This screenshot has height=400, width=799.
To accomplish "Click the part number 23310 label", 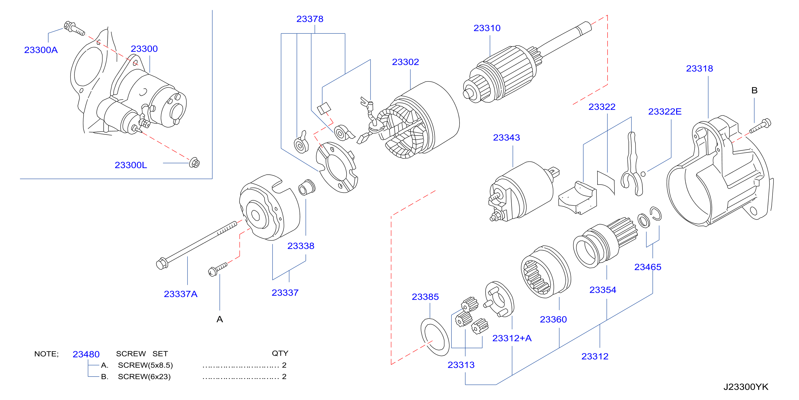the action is point(487,28).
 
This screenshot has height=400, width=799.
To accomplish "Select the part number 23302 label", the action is point(405,62).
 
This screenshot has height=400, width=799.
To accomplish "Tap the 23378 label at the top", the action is point(310,19).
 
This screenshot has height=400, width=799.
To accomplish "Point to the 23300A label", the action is point(41,50).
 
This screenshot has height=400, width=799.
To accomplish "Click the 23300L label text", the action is point(131,165).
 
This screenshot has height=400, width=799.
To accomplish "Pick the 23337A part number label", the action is point(180,294).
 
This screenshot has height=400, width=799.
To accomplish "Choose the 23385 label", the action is point(425,297).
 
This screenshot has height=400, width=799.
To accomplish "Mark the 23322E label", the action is point(665,112).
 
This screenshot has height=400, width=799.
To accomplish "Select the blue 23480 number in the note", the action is point(86,354).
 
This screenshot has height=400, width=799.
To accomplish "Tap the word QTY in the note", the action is point(280,353).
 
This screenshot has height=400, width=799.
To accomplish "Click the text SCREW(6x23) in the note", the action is point(144,377).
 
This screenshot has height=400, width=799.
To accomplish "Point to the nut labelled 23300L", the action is point(194,163).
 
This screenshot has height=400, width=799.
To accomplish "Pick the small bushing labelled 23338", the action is point(307,187).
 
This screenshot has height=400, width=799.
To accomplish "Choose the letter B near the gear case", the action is point(754,90).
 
